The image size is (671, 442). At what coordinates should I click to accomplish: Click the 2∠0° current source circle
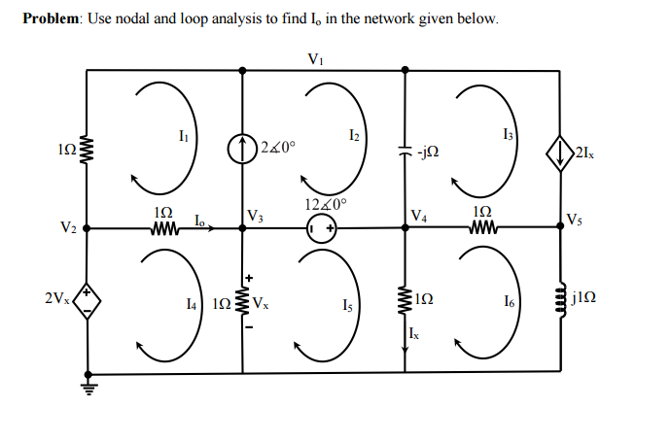(242, 151)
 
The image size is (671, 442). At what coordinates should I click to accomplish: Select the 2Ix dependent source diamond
(560, 153)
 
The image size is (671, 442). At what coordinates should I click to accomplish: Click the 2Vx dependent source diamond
(88, 298)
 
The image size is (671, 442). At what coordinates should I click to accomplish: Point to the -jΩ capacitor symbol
(405, 151)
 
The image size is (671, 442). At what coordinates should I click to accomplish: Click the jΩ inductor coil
(560, 298)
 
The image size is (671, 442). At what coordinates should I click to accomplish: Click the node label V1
(314, 58)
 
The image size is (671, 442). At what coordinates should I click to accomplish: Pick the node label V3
(255, 216)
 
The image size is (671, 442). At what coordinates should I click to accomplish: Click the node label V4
(418, 216)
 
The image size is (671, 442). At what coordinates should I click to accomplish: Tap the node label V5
(576, 218)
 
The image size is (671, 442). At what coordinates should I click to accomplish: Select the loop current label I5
(347, 307)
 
